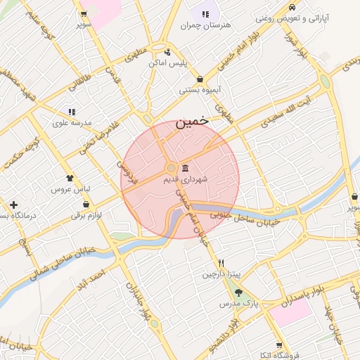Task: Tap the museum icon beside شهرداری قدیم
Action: coord(185,169)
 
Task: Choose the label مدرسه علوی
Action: coord(72,123)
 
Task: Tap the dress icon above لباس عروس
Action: coord(70,179)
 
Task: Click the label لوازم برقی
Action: coord(86,215)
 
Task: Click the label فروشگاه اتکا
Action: coord(279,356)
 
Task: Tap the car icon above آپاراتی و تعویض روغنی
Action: coord(291,7)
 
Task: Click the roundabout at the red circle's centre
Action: coord(171,168)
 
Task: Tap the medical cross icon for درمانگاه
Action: coord(13,205)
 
